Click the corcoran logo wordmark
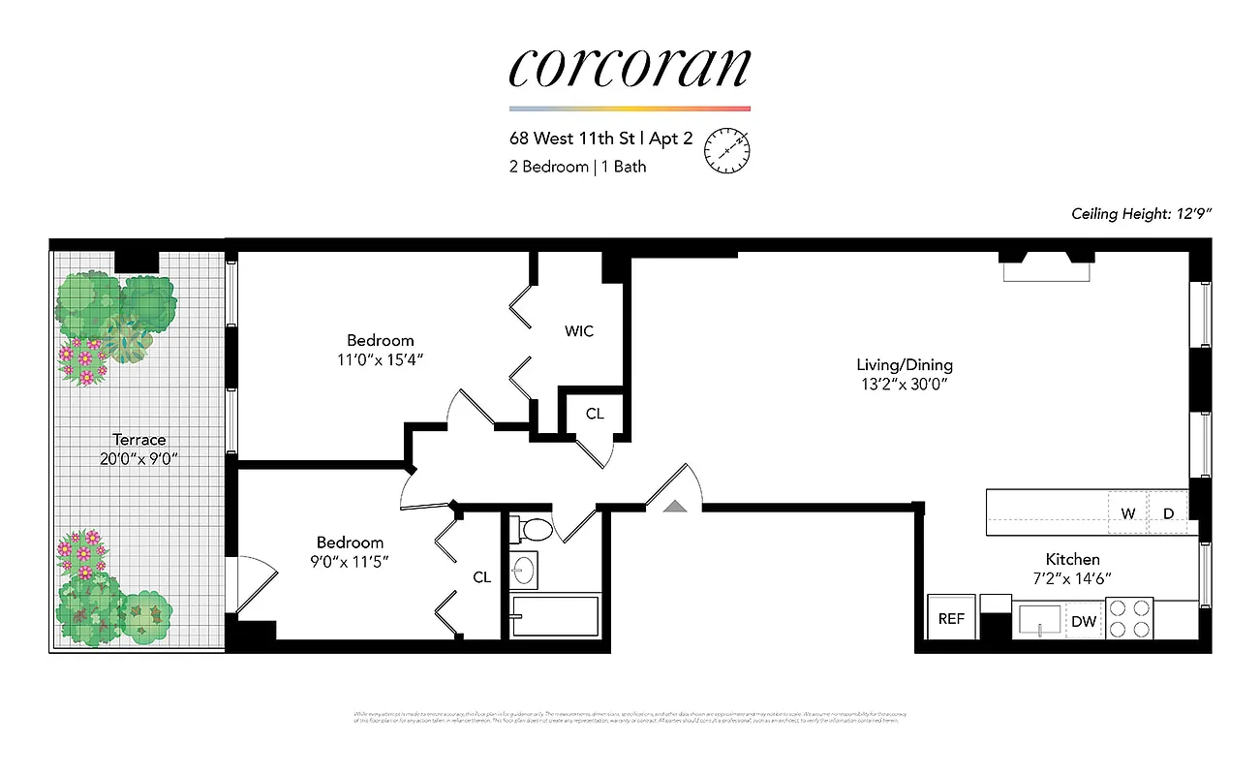click(630, 66)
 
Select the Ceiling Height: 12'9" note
click(1141, 213)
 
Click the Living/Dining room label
click(904, 365)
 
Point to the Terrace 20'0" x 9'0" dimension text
click(138, 458)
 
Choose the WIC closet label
click(578, 331)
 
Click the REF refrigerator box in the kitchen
click(951, 619)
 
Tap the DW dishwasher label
click(1084, 622)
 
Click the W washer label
click(1128, 513)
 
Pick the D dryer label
click(1168, 513)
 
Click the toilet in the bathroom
click(533, 529)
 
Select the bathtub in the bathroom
click(555, 616)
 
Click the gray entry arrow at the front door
click(674, 504)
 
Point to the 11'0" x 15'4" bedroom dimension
click(381, 359)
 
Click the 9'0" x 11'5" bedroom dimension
click(350, 561)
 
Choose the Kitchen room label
click(1072, 559)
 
